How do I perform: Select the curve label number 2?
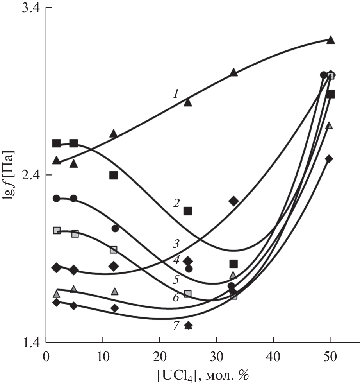coord(176,203)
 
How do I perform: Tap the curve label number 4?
coord(176,260)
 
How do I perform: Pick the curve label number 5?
coord(176,279)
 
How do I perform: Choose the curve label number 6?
coord(176,298)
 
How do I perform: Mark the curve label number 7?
coord(176,325)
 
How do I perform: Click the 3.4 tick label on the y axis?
coord(29,8)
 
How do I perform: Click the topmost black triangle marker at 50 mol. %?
coord(331,40)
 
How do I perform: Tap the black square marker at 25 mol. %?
coord(188,211)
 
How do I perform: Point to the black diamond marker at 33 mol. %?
coord(234,201)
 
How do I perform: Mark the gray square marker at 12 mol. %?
coord(114,250)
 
